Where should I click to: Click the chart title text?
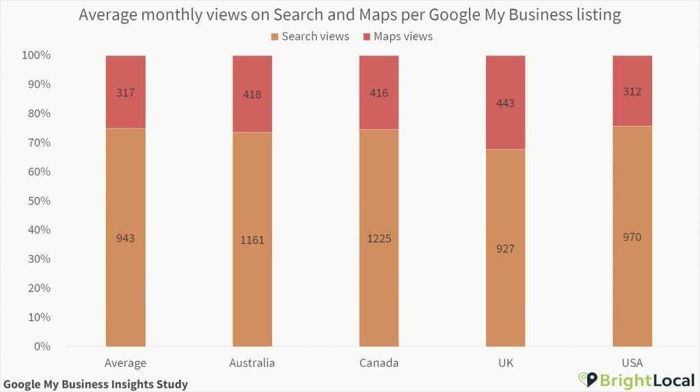click(x=349, y=14)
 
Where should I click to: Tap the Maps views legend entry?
click(x=397, y=36)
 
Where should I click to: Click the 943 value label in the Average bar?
click(x=125, y=239)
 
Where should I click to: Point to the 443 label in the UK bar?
click(x=505, y=103)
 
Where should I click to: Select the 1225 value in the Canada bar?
click(x=379, y=239)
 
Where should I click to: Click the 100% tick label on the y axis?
click(x=34, y=55)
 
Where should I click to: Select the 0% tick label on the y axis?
click(x=40, y=347)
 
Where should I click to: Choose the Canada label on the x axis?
click(x=379, y=363)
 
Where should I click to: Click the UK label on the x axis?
click(x=505, y=363)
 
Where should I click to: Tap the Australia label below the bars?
click(x=252, y=363)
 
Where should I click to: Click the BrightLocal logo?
click(x=636, y=379)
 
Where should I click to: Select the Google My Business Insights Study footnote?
click(x=95, y=384)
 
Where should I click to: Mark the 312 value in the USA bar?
click(x=632, y=92)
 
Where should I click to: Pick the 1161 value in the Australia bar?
click(x=252, y=240)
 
